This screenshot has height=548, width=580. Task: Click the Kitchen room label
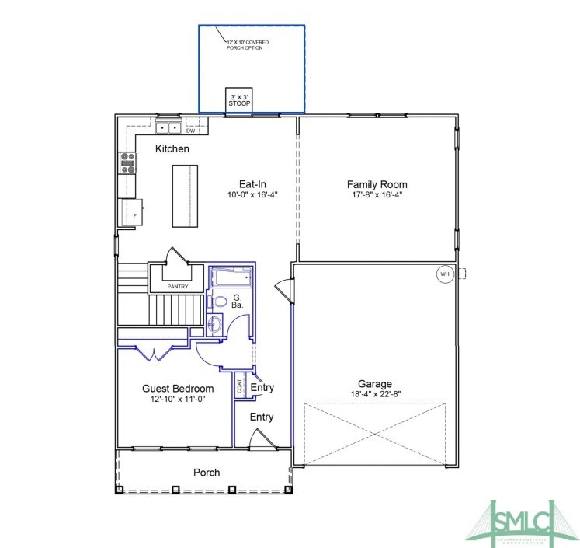[x=172, y=148]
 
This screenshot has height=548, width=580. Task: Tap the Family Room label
[x=377, y=184]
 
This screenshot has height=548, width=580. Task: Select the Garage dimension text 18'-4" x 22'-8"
[x=374, y=394]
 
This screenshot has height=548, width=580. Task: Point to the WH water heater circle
[x=444, y=274]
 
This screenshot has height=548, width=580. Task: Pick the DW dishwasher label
[x=189, y=131]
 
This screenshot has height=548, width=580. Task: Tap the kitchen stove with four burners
[x=128, y=162]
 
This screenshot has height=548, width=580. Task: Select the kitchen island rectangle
[x=184, y=194]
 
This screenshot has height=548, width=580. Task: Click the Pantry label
[x=177, y=287]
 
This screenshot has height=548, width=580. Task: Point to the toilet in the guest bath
[x=220, y=302]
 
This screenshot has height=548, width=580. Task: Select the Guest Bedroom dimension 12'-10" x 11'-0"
[x=177, y=399]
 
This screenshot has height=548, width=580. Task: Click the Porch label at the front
[x=207, y=472]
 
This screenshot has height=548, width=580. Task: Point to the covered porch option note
[x=245, y=45]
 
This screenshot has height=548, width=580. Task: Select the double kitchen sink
[x=168, y=127]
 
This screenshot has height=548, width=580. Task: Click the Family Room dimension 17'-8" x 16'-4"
[x=377, y=195]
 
